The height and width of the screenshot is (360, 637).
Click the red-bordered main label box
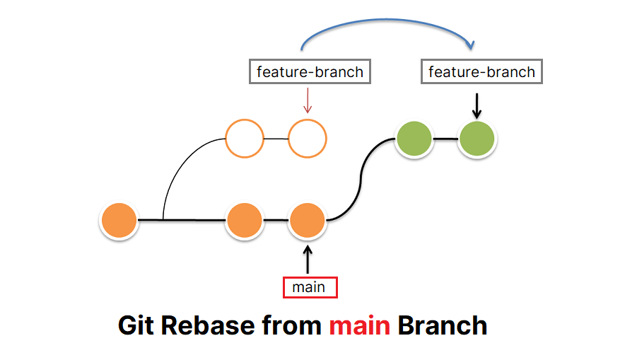[x=309, y=287]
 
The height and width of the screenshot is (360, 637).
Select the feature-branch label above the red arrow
[x=310, y=72]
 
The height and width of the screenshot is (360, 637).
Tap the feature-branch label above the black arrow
[x=481, y=72]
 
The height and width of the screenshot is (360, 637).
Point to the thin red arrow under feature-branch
[x=307, y=100]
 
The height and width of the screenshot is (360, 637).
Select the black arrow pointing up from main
[x=307, y=259]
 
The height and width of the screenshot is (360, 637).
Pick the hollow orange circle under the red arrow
[x=307, y=139]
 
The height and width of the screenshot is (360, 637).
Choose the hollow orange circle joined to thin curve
[x=245, y=139]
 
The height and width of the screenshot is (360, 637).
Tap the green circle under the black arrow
[x=477, y=139]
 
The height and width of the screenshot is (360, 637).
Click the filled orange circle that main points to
[x=307, y=221]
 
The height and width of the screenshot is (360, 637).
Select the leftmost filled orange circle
[x=118, y=221]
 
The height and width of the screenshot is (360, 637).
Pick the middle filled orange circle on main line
[x=245, y=221]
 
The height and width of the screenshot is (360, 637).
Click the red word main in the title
[x=359, y=325]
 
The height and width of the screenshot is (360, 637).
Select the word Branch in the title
[x=442, y=325]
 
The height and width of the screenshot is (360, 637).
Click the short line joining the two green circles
[x=445, y=139]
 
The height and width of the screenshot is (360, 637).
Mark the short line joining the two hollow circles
[x=276, y=139]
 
